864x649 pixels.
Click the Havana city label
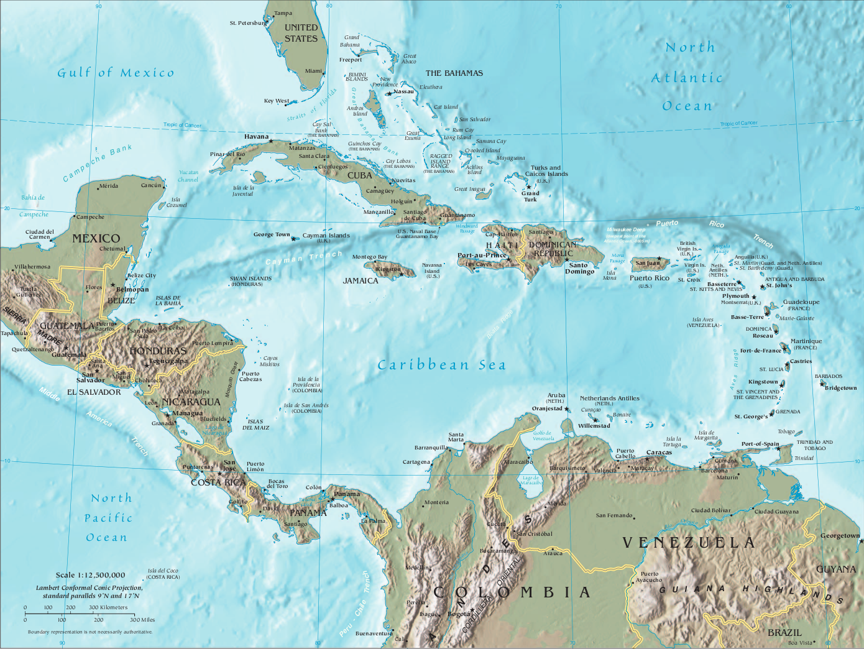click(256, 136)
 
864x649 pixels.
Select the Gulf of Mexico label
click(116, 73)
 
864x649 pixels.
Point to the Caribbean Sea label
click(441, 365)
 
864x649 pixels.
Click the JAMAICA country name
click(361, 281)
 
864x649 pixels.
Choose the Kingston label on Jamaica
click(388, 269)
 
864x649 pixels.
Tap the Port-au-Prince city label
click(482, 255)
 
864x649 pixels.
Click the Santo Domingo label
click(580, 268)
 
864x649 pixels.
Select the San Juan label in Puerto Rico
click(648, 263)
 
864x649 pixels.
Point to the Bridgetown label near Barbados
click(840, 388)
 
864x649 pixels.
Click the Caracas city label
click(659, 453)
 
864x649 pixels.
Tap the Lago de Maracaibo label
click(531, 480)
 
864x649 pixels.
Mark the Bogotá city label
click(459, 614)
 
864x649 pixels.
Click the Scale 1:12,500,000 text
click(90, 575)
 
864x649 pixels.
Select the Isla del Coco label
click(163, 573)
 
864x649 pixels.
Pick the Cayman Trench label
click(304, 257)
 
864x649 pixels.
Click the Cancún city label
click(151, 185)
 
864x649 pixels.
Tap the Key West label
click(277, 101)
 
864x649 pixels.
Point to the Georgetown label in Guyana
click(840, 535)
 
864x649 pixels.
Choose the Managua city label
click(187, 413)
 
